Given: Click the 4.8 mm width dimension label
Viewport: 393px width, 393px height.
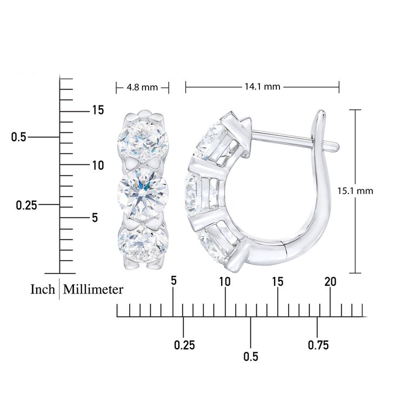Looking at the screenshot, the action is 142,88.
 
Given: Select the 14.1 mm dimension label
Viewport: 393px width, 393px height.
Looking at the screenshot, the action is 262,86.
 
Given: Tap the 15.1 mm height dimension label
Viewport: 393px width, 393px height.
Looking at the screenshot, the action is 355,191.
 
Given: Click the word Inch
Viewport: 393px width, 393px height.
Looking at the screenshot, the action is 43,289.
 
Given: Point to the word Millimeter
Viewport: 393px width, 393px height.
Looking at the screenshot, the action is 93,290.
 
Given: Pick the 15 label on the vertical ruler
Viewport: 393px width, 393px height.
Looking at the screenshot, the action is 98,110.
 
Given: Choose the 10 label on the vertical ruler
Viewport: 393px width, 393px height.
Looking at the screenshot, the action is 98,165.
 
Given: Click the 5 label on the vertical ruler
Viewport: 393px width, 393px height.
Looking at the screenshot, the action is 95,218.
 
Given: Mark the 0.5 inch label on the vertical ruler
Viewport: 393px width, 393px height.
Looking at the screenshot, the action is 19,137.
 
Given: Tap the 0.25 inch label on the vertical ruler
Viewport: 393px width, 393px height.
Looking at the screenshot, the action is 26,205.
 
